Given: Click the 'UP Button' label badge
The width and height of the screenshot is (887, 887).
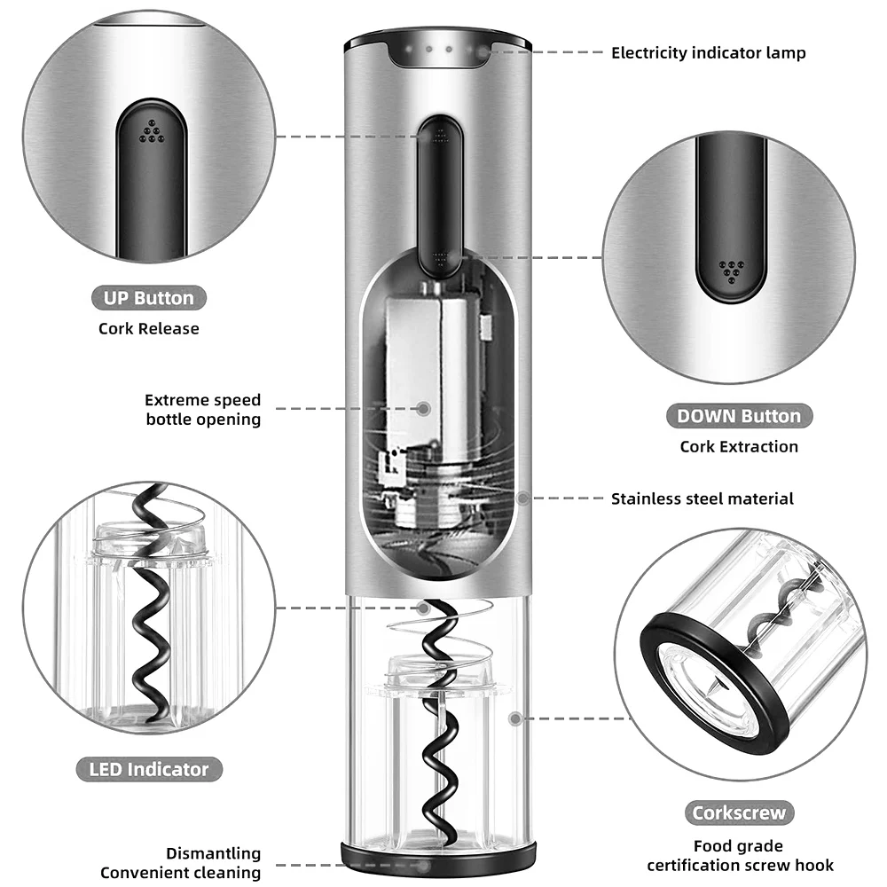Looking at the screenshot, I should (x=148, y=297).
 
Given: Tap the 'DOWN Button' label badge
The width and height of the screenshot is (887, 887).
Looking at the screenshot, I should (x=738, y=416).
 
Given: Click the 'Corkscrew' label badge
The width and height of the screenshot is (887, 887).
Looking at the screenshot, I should (x=739, y=812).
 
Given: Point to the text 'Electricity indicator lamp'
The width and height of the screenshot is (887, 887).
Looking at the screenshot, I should (x=708, y=53).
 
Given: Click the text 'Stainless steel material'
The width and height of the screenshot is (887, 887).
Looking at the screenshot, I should (x=702, y=498).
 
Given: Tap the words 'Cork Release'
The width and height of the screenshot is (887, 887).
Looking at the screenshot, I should (x=148, y=328).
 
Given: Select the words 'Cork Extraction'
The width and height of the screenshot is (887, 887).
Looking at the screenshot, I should (x=738, y=446).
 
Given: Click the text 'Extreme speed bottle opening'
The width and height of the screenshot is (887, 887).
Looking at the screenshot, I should (x=203, y=410).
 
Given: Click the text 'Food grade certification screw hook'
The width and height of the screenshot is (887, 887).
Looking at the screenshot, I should (x=740, y=856).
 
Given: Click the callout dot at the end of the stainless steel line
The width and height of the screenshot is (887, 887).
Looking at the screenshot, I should (x=523, y=498).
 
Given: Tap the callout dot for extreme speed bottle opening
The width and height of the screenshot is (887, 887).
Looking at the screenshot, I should (x=424, y=409).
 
